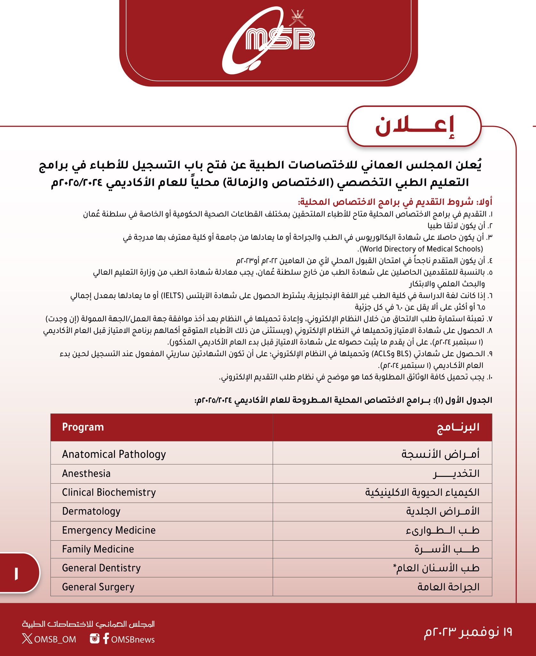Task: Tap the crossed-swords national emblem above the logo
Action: point(297,18)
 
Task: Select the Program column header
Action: point(83,427)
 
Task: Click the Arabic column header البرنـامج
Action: point(458,427)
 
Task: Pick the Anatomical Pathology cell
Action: point(114,454)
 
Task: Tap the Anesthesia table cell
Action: point(86,473)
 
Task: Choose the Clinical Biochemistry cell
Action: point(109,492)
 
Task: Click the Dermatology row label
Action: point(91,511)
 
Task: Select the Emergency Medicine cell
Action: point(109,530)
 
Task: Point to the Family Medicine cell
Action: point(98,549)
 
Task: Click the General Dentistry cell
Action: point(101,568)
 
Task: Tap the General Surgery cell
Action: point(98,587)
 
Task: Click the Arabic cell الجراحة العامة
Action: point(448,587)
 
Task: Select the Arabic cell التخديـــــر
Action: point(456,473)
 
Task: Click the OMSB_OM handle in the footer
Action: point(55,639)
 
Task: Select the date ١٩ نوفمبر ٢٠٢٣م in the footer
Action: point(468,632)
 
